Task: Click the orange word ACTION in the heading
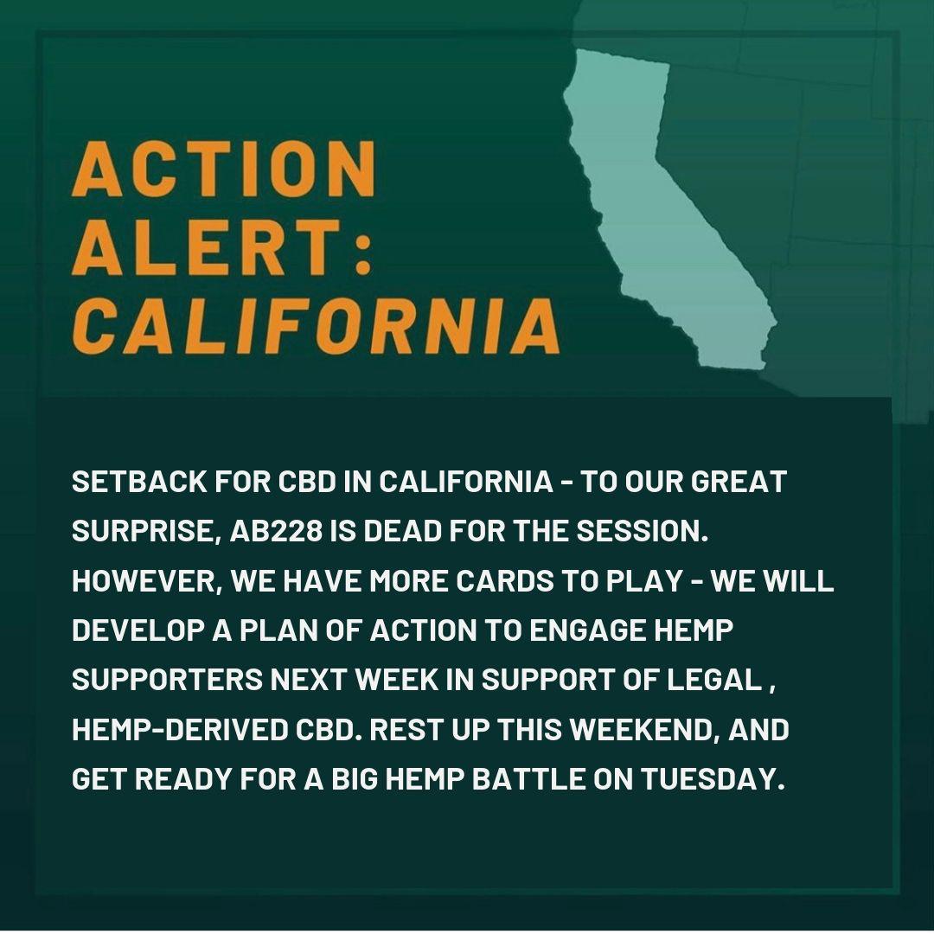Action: pos(224,169)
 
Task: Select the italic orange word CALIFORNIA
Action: pos(316,326)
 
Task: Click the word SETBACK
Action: pos(139,482)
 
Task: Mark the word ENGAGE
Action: pos(587,630)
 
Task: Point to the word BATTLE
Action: pos(528,779)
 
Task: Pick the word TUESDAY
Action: pos(713,779)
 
